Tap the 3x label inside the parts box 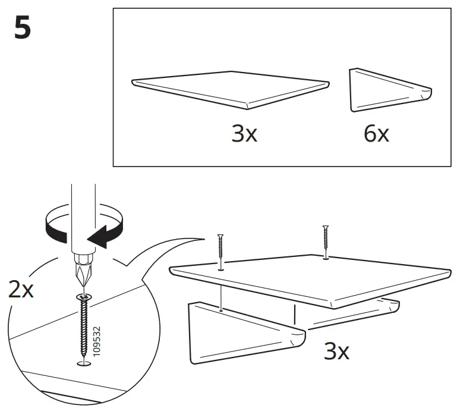click(244, 134)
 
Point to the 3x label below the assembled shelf click(336, 352)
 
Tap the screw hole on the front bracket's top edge click(220, 310)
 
